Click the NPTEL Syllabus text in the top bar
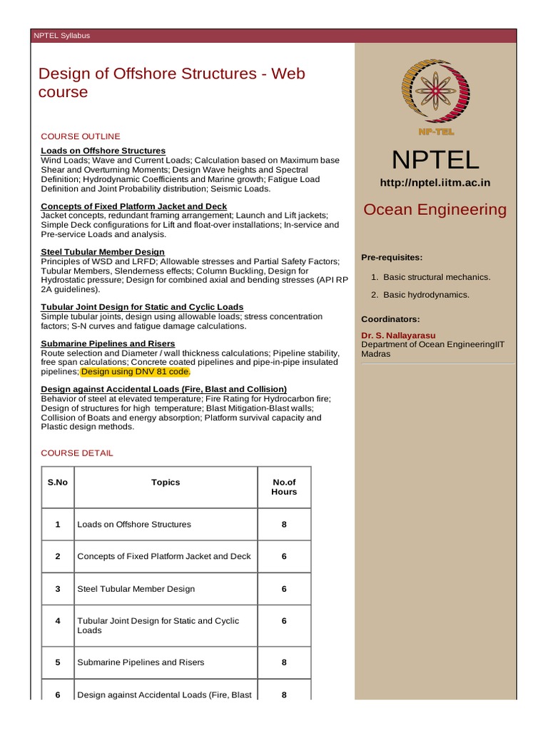click(62, 36)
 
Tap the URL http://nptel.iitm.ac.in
click(435, 183)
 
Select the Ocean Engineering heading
click(435, 210)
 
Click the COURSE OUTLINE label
click(81, 136)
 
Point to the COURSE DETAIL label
click(77, 453)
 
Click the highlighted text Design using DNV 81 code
click(136, 372)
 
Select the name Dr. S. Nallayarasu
click(398, 335)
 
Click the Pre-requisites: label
click(392, 257)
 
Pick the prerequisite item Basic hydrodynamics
click(426, 295)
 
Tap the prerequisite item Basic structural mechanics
click(437, 277)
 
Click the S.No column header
click(58, 483)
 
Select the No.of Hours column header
click(284, 487)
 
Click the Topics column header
click(166, 483)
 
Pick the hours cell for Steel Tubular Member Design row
click(284, 589)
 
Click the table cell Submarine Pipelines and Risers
click(141, 662)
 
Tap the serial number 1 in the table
click(58, 525)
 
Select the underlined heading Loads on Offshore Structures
click(103, 151)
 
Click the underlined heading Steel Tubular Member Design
click(103, 252)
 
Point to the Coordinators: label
click(390, 319)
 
